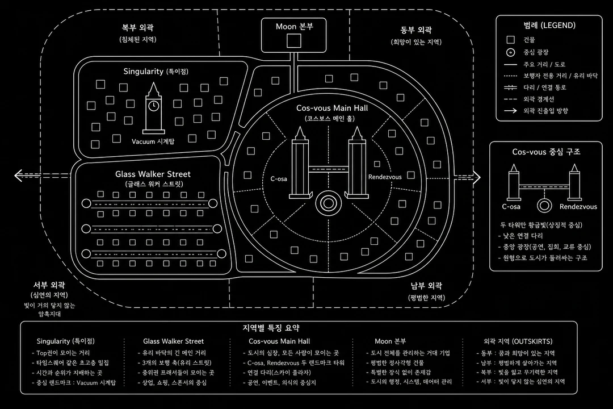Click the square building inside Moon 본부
294,41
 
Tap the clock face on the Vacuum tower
154,106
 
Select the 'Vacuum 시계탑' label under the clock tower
153,141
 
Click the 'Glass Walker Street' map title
153,174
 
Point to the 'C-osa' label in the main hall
279,179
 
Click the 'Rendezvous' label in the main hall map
385,177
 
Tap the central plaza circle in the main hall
329,203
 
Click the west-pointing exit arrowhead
18,176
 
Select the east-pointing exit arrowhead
476,177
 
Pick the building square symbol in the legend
510,40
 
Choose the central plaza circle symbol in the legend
510,52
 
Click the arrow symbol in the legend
511,111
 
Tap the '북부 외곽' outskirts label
137,28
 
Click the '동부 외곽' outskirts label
416,30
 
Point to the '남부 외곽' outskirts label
426,286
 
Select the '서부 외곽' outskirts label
49,285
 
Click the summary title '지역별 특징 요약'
271,328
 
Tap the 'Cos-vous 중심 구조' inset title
546,152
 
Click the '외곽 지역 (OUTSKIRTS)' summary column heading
518,341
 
